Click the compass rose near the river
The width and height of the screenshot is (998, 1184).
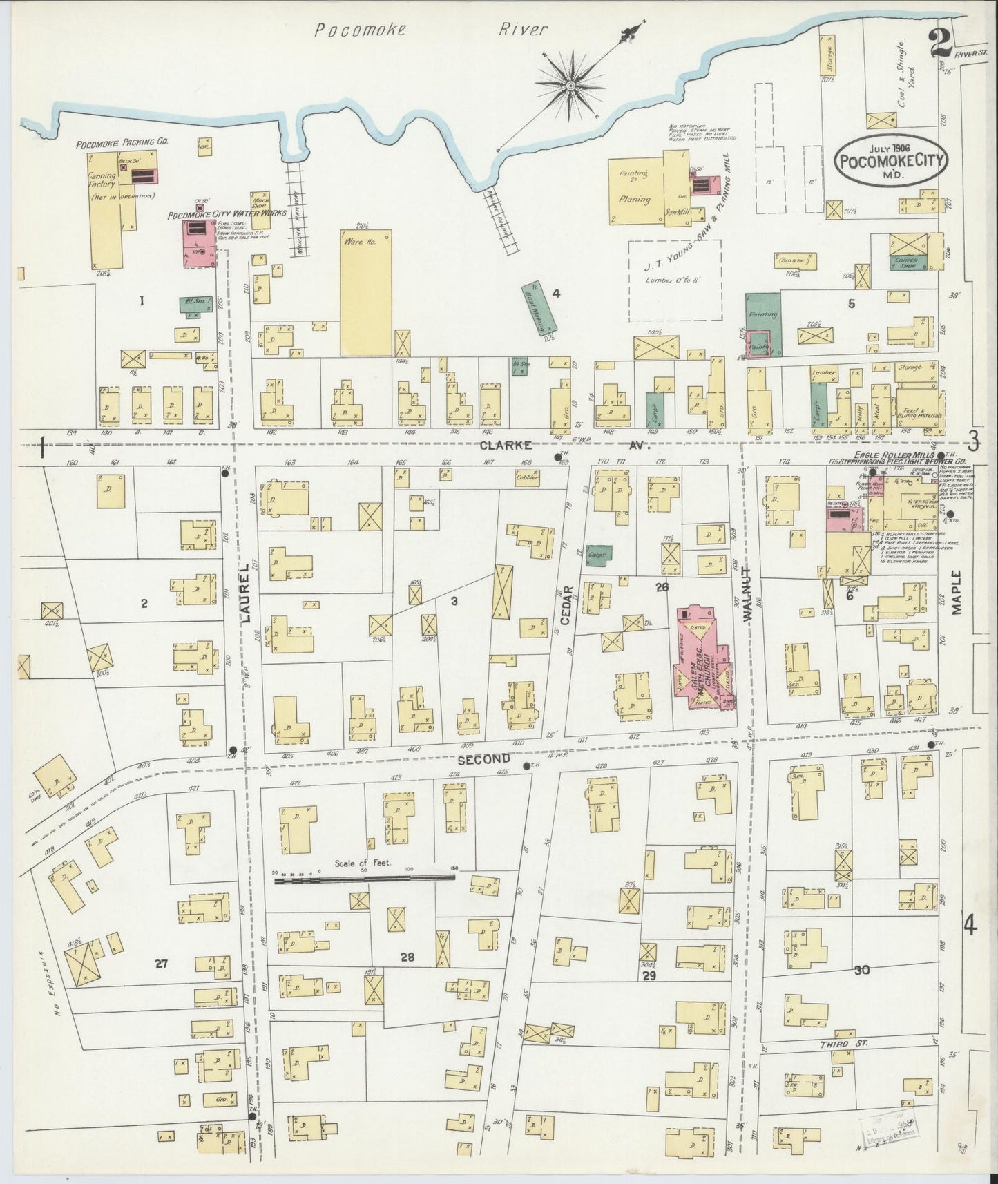click(x=570, y=85)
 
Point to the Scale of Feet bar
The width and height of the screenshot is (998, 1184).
click(x=365, y=879)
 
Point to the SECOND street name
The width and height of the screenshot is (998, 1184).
click(x=483, y=759)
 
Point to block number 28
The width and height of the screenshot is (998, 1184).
click(x=407, y=957)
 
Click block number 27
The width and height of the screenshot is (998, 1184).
click(x=161, y=965)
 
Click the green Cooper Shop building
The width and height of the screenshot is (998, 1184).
click(x=907, y=263)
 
